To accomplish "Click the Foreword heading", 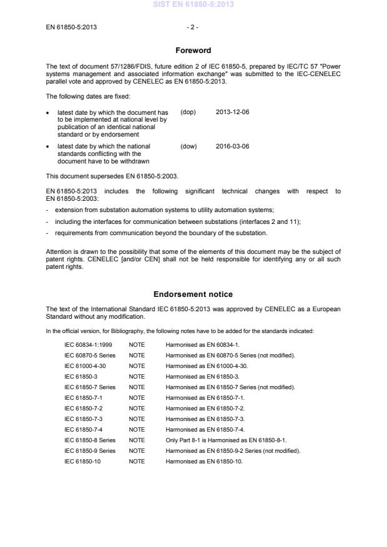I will click(x=193, y=51).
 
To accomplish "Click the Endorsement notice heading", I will click(x=193, y=294).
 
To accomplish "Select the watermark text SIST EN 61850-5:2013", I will click(x=193, y=5).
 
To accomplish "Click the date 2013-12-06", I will click(x=232, y=112).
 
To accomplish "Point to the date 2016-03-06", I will click(x=232, y=147).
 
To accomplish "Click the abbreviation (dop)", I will click(x=188, y=112).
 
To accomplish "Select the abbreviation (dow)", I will click(x=189, y=147).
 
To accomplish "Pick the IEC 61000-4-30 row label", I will click(x=86, y=366).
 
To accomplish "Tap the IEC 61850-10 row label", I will click(x=82, y=461).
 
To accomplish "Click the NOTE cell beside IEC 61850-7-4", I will click(x=137, y=429).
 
